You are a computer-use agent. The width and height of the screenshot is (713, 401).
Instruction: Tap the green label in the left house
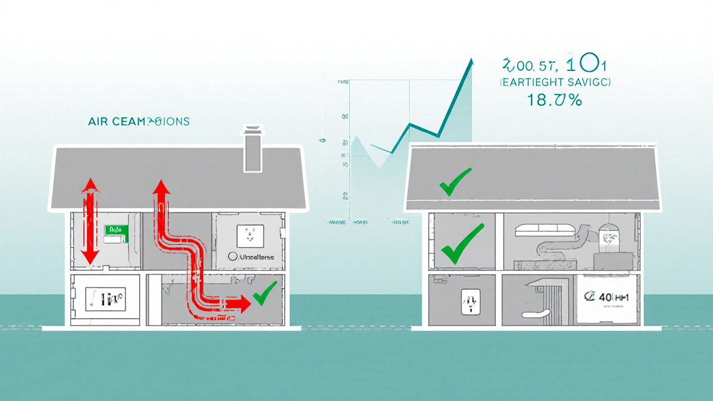tap(116, 230)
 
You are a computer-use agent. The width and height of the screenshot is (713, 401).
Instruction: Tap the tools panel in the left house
tap(105, 300)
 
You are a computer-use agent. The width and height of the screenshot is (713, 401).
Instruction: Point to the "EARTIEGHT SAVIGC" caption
tap(554, 82)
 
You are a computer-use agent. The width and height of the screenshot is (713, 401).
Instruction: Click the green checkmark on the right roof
tap(455, 182)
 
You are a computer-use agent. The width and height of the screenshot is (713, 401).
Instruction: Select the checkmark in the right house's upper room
tap(462, 244)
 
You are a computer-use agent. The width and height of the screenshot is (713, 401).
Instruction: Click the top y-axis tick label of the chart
tap(343, 82)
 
